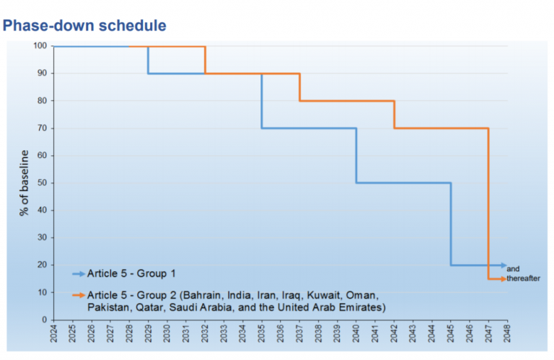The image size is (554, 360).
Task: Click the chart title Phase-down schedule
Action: [x=85, y=26]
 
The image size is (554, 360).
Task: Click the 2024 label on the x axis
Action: [x=53, y=333]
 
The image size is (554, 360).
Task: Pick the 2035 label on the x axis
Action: [x=261, y=333]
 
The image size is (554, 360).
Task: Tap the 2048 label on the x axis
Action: [x=507, y=333]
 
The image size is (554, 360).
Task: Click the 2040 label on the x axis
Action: [x=356, y=333]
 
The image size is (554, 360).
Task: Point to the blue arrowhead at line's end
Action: [x=504, y=265]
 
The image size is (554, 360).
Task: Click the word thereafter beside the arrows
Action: [x=524, y=278]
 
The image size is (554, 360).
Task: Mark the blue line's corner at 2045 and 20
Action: [x=451, y=265]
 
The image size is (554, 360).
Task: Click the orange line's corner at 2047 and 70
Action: [x=489, y=128]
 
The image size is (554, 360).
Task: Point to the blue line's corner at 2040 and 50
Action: [x=356, y=183]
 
